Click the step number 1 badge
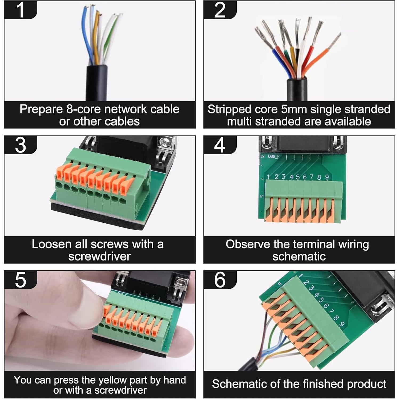(x=20, y=10)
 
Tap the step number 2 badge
(x=220, y=10)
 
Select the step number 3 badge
(x=20, y=145)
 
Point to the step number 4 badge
(x=220, y=145)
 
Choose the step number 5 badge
(x=20, y=280)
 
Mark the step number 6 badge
(x=220, y=280)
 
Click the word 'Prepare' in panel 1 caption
(x=41, y=110)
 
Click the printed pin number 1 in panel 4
(x=268, y=177)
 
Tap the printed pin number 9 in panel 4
(x=327, y=177)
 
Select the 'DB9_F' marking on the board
(x=273, y=156)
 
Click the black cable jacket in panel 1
(x=97, y=83)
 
